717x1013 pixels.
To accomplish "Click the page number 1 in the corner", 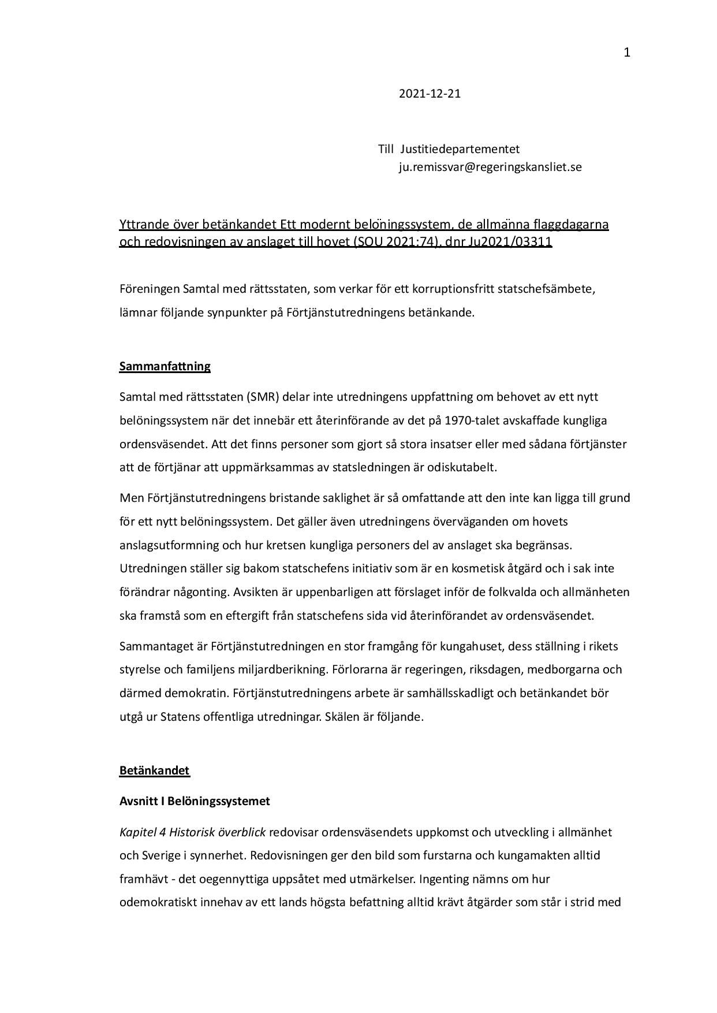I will (x=627, y=53).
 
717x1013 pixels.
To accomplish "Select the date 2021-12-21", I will (x=430, y=94).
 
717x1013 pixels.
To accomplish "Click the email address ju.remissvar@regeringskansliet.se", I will (x=490, y=167).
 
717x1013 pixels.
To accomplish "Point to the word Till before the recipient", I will (x=385, y=149).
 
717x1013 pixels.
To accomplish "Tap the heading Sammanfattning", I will (x=165, y=366).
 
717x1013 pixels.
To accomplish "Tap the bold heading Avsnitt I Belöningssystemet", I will (x=195, y=801).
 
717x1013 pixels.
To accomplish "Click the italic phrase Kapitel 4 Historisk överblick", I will (x=192, y=832).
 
